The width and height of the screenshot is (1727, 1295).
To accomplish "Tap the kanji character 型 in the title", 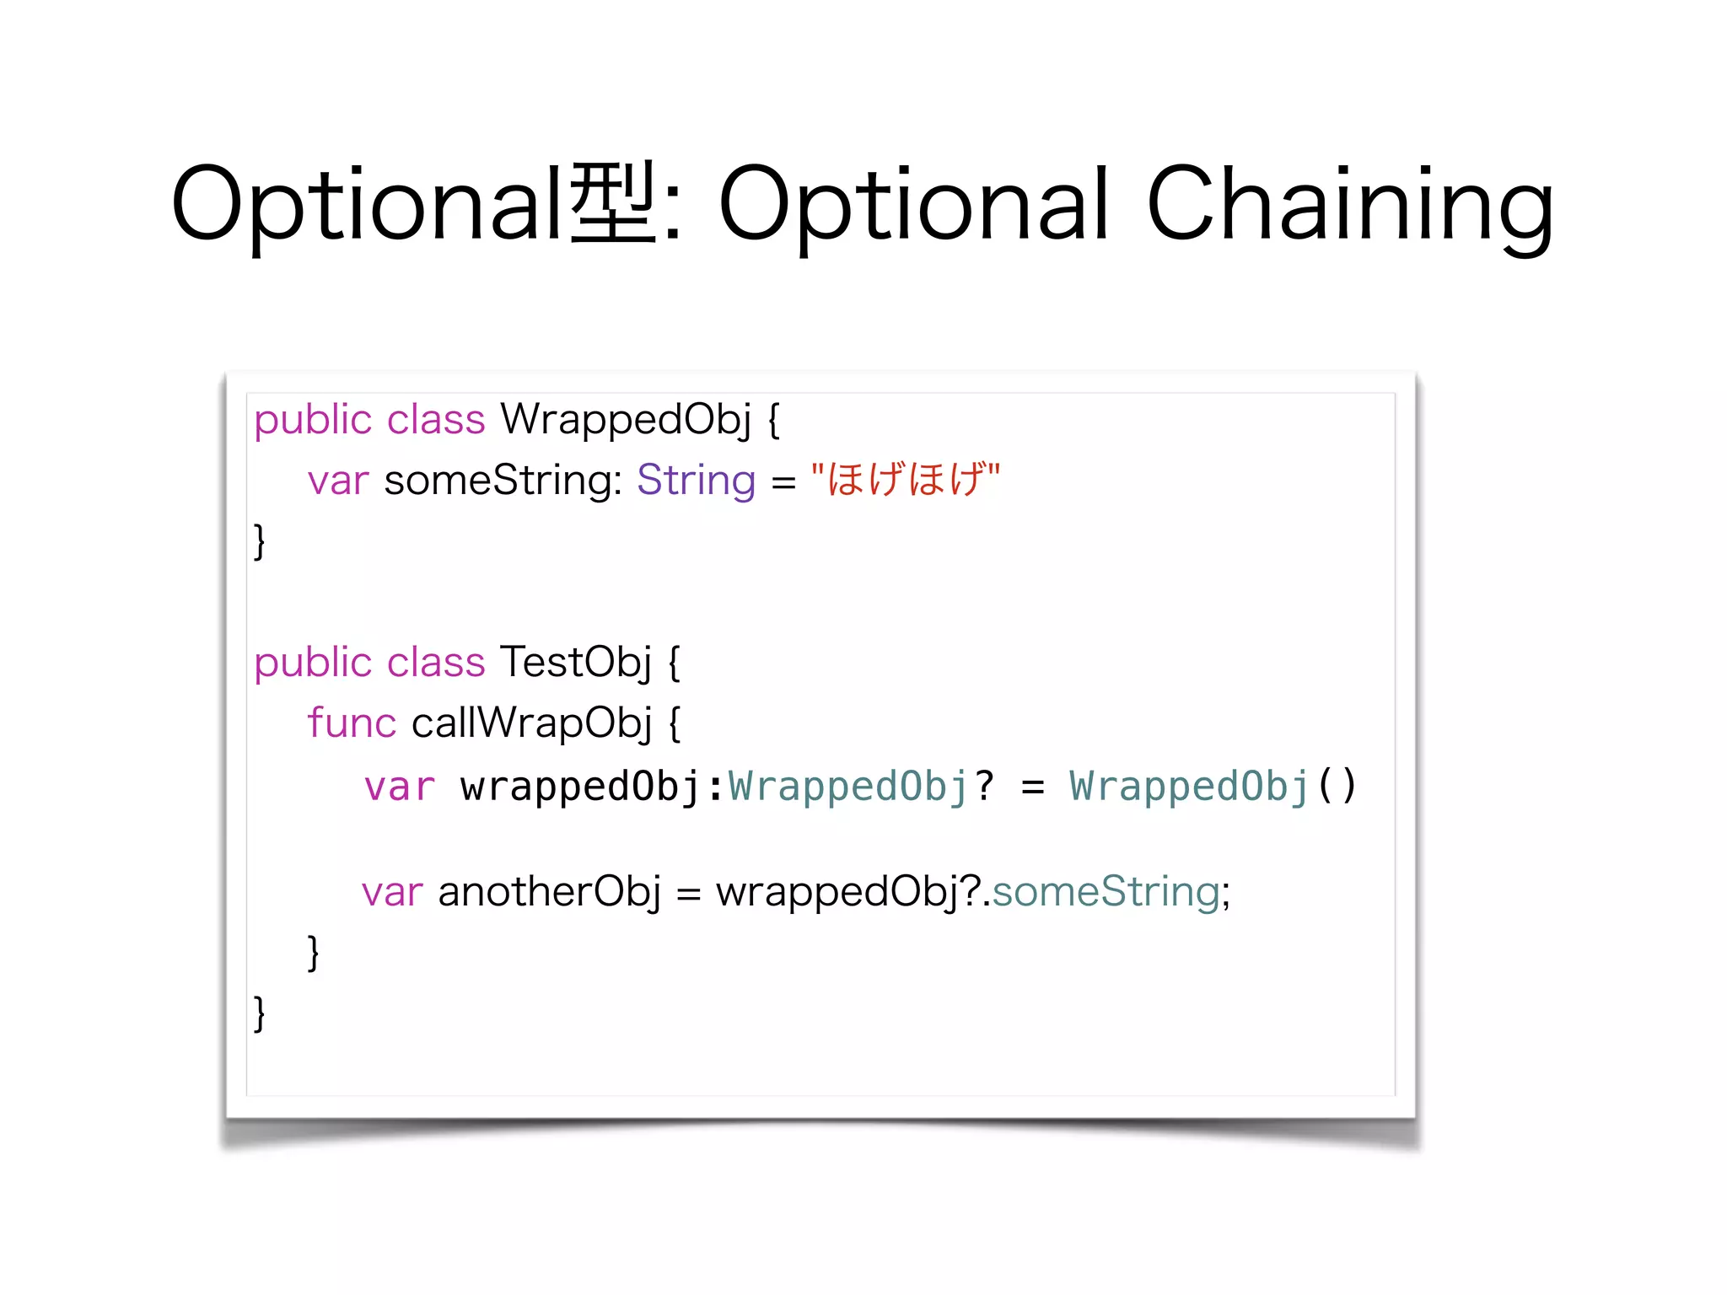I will [x=613, y=203].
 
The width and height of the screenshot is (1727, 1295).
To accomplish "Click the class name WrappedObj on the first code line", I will [x=625, y=419].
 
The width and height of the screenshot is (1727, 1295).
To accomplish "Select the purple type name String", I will [x=696, y=481].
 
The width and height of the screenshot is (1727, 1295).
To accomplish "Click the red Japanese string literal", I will [x=905, y=480].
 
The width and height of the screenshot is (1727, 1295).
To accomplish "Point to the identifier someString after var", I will [x=503, y=481].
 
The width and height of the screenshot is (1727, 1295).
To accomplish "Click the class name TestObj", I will [x=576, y=662].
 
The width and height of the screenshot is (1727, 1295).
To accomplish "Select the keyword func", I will [x=351, y=723].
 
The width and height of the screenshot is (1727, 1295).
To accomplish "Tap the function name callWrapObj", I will [x=531, y=723].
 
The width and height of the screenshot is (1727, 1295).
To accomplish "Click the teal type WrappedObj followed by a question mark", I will [x=847, y=787].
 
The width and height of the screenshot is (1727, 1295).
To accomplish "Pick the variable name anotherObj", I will [x=549, y=892].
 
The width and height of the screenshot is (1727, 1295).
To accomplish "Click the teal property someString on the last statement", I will [x=1106, y=892].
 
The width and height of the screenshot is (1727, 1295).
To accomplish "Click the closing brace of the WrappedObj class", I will [x=260, y=541].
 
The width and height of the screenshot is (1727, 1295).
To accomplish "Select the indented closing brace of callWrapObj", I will [x=313, y=953].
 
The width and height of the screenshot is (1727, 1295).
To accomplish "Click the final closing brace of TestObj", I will [x=260, y=1013].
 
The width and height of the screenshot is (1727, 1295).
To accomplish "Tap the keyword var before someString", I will [x=338, y=481].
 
